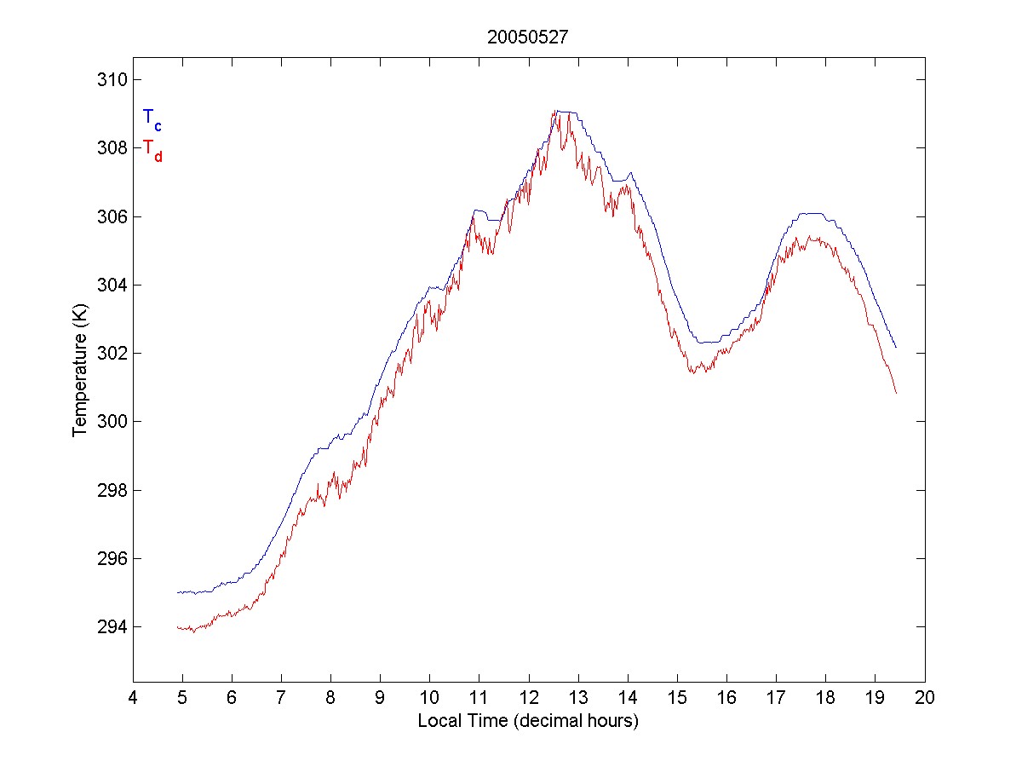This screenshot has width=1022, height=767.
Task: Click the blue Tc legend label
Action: click(x=152, y=118)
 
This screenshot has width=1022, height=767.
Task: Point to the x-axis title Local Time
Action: click(x=528, y=721)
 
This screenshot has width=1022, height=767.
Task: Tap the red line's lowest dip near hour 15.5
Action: click(x=694, y=373)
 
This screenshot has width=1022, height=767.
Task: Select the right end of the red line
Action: click(x=897, y=393)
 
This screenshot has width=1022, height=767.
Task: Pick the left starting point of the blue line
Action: click(x=177, y=592)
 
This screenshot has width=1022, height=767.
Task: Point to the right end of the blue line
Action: click(x=896, y=348)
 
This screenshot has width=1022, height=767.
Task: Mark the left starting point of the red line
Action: click(x=177, y=627)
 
